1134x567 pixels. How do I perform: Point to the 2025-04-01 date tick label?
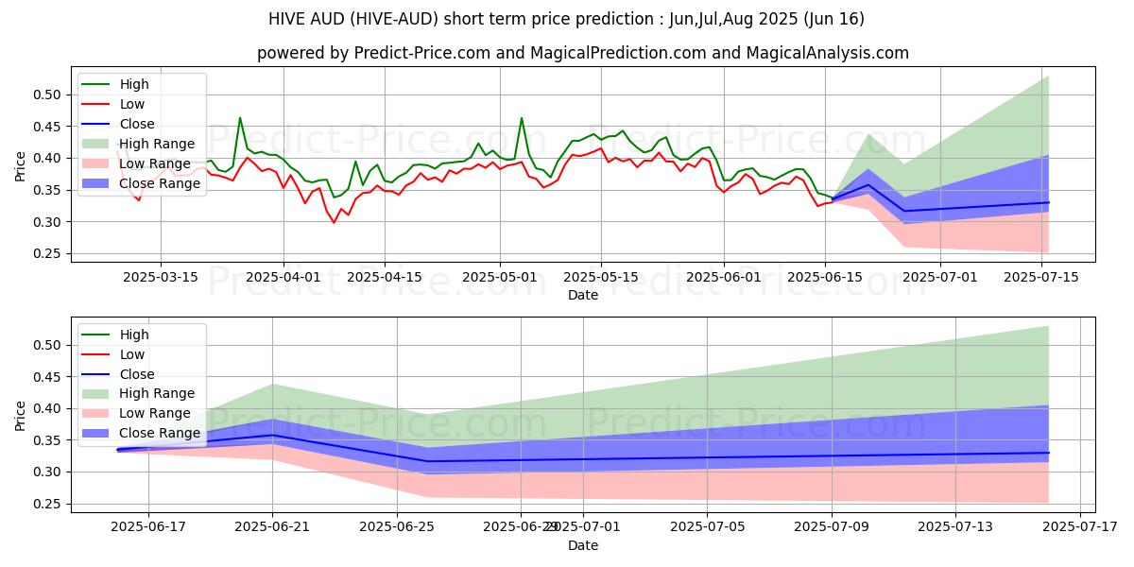point(284,277)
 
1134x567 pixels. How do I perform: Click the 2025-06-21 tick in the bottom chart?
point(272,527)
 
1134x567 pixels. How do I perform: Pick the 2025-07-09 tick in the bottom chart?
point(832,527)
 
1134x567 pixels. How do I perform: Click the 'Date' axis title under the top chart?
point(582,295)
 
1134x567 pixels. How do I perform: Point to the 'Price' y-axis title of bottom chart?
point(21,415)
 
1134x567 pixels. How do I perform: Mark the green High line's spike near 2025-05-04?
point(522,118)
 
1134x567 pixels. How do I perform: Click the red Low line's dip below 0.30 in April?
point(334,222)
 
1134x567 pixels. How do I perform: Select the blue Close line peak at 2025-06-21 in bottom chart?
point(272,435)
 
